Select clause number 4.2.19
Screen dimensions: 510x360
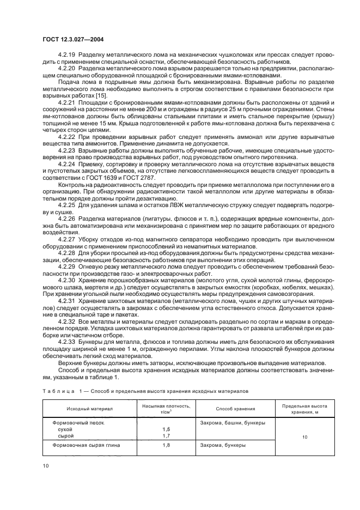point(68,54)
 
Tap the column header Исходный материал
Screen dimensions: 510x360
point(90,408)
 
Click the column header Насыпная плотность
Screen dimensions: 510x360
point(166,406)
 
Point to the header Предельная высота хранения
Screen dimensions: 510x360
point(304,408)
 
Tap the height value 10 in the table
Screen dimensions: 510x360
point(304,436)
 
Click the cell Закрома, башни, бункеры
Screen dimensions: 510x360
point(233,423)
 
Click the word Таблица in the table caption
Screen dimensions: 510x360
point(57,391)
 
